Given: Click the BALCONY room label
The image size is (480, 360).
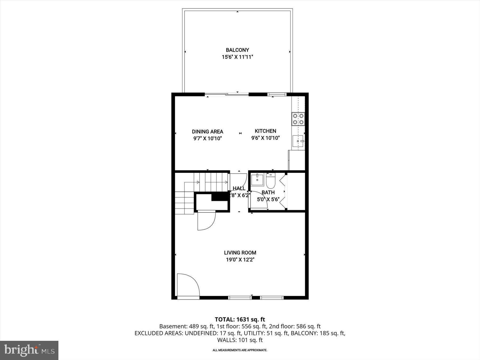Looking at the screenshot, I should pyautogui.click(x=237, y=50).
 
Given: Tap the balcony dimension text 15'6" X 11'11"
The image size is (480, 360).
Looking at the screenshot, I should pyautogui.click(x=237, y=57).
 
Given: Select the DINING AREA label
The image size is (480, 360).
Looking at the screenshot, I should pyautogui.click(x=207, y=131).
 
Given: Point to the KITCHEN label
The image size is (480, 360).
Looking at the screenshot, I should pyautogui.click(x=265, y=131).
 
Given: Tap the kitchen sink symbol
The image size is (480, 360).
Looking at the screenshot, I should pyautogui.click(x=297, y=141).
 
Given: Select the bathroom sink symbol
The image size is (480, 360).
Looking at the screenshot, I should pyautogui.click(x=257, y=179).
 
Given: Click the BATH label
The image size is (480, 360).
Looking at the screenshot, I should pyautogui.click(x=268, y=192).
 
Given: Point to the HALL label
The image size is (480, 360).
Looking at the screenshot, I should pyautogui.click(x=239, y=189).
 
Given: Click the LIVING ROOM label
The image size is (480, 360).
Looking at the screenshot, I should pyautogui.click(x=240, y=253).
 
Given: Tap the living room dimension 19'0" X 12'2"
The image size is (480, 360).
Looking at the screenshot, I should pyautogui.click(x=240, y=260).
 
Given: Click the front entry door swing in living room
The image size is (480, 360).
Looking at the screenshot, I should pyautogui.click(x=188, y=285).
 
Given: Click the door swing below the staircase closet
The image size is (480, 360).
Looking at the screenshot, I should pyautogui.click(x=206, y=220).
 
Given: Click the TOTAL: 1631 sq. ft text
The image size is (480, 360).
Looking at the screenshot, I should pyautogui.click(x=240, y=319).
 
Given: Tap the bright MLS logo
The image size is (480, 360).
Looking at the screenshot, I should pyautogui.click(x=29, y=350).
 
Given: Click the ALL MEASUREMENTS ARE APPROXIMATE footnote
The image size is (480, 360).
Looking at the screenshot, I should pyautogui.click(x=240, y=350).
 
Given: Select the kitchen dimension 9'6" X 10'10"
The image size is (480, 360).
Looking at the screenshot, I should pyautogui.click(x=265, y=138).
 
